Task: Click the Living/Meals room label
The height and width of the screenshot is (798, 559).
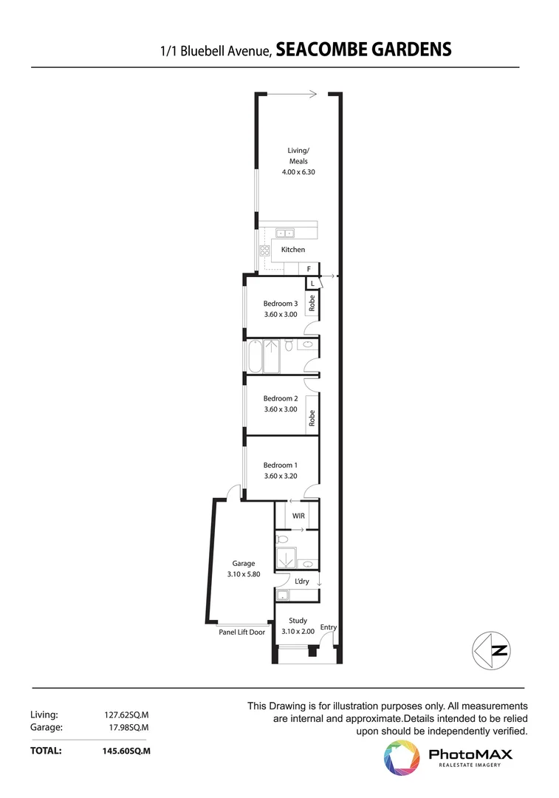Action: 298,156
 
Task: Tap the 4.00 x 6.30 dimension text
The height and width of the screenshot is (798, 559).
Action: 298,172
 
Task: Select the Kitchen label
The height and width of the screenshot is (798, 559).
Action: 293,250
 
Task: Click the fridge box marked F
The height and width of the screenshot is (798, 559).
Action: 308,269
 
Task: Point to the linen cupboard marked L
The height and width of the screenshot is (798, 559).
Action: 312,284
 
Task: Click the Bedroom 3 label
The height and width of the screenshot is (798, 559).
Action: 281,303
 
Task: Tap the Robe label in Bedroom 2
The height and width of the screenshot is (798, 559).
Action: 312,418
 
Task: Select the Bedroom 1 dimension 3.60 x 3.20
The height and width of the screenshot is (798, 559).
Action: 281,477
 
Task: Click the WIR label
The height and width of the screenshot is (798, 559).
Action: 298,515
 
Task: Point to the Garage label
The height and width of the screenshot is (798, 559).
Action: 243,563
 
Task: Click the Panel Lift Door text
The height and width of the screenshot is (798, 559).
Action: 241,632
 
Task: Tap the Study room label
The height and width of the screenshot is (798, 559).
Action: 298,621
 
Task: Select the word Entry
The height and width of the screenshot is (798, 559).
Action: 329,627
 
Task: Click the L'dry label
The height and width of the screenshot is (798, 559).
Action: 301,582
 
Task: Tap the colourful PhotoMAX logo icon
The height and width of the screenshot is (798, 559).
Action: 402,757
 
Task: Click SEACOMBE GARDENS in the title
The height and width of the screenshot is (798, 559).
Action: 364,50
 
